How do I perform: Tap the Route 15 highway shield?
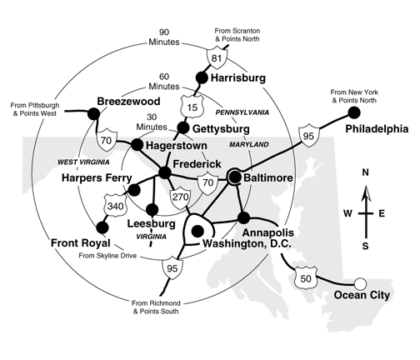(191, 105)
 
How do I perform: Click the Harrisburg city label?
(237, 78)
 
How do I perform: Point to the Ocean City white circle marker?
(361, 283)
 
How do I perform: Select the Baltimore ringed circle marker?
(234, 176)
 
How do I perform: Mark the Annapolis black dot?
(243, 217)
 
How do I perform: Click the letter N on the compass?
(364, 172)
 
